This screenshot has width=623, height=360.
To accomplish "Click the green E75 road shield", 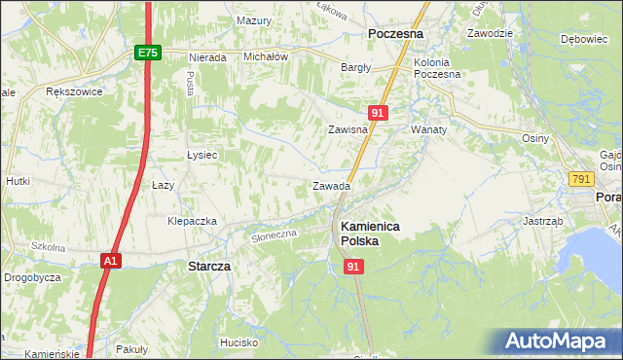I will click(147, 54).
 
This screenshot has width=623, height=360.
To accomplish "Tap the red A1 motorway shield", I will click(112, 260).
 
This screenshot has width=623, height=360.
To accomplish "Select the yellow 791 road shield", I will click(581, 179).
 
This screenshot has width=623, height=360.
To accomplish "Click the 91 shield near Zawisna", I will click(380, 113).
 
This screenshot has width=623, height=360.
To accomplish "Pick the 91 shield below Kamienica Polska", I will click(353, 266).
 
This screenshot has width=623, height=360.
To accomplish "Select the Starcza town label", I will click(207, 265).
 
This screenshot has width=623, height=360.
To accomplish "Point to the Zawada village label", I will click(331, 186).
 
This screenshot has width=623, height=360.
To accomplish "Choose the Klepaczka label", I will click(192, 221).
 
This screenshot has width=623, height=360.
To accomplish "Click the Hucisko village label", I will click(238, 342).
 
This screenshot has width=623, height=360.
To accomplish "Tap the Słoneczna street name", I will click(274, 235).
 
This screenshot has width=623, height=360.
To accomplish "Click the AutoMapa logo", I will click(557, 341).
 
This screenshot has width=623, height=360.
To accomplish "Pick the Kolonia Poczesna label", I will click(437, 68).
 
